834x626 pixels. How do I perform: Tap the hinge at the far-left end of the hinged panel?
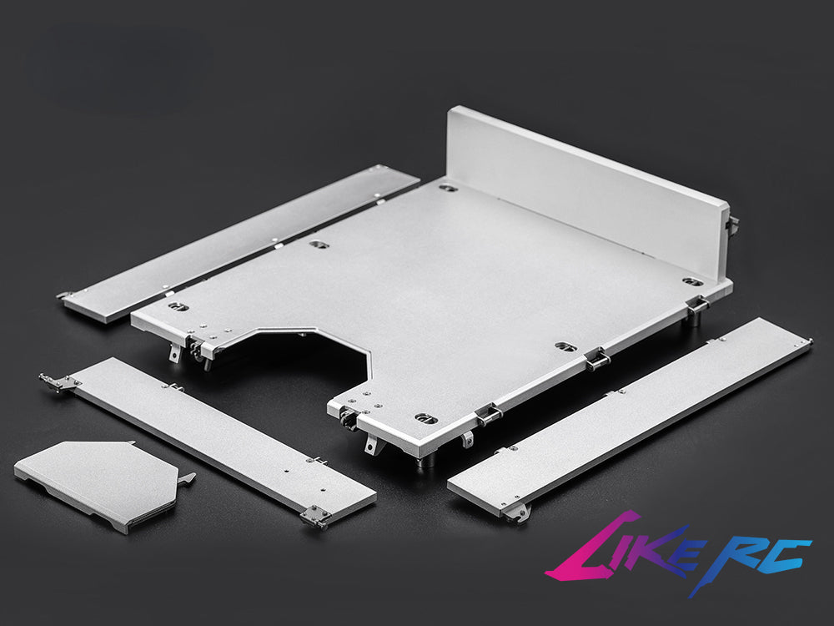coord(58,382)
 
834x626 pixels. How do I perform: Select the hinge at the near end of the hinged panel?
coord(315,517)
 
